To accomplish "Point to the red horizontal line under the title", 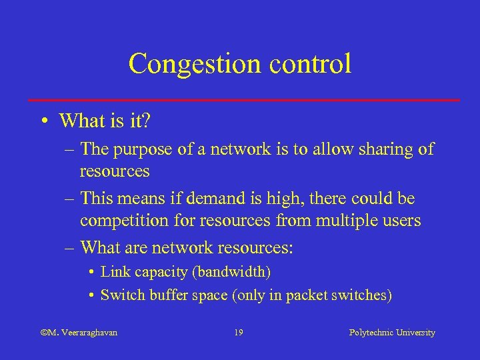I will pos(244,100).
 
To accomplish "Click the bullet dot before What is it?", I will pos(43,122).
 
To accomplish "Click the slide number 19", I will pos(239,332).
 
